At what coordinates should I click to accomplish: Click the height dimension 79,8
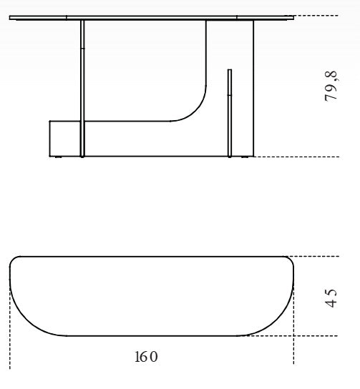pos(331,86)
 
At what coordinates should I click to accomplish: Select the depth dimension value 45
pos(331,296)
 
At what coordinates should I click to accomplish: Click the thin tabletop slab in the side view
pos(152,18)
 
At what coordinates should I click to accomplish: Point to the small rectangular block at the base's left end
pos(64,138)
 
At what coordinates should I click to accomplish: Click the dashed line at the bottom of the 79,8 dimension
pos(301,157)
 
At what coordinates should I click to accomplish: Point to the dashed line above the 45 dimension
pos(322,256)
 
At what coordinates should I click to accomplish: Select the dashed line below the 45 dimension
pos(301,335)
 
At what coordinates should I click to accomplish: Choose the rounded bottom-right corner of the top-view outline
pos(276,319)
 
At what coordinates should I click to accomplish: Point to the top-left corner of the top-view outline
pos(14,260)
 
